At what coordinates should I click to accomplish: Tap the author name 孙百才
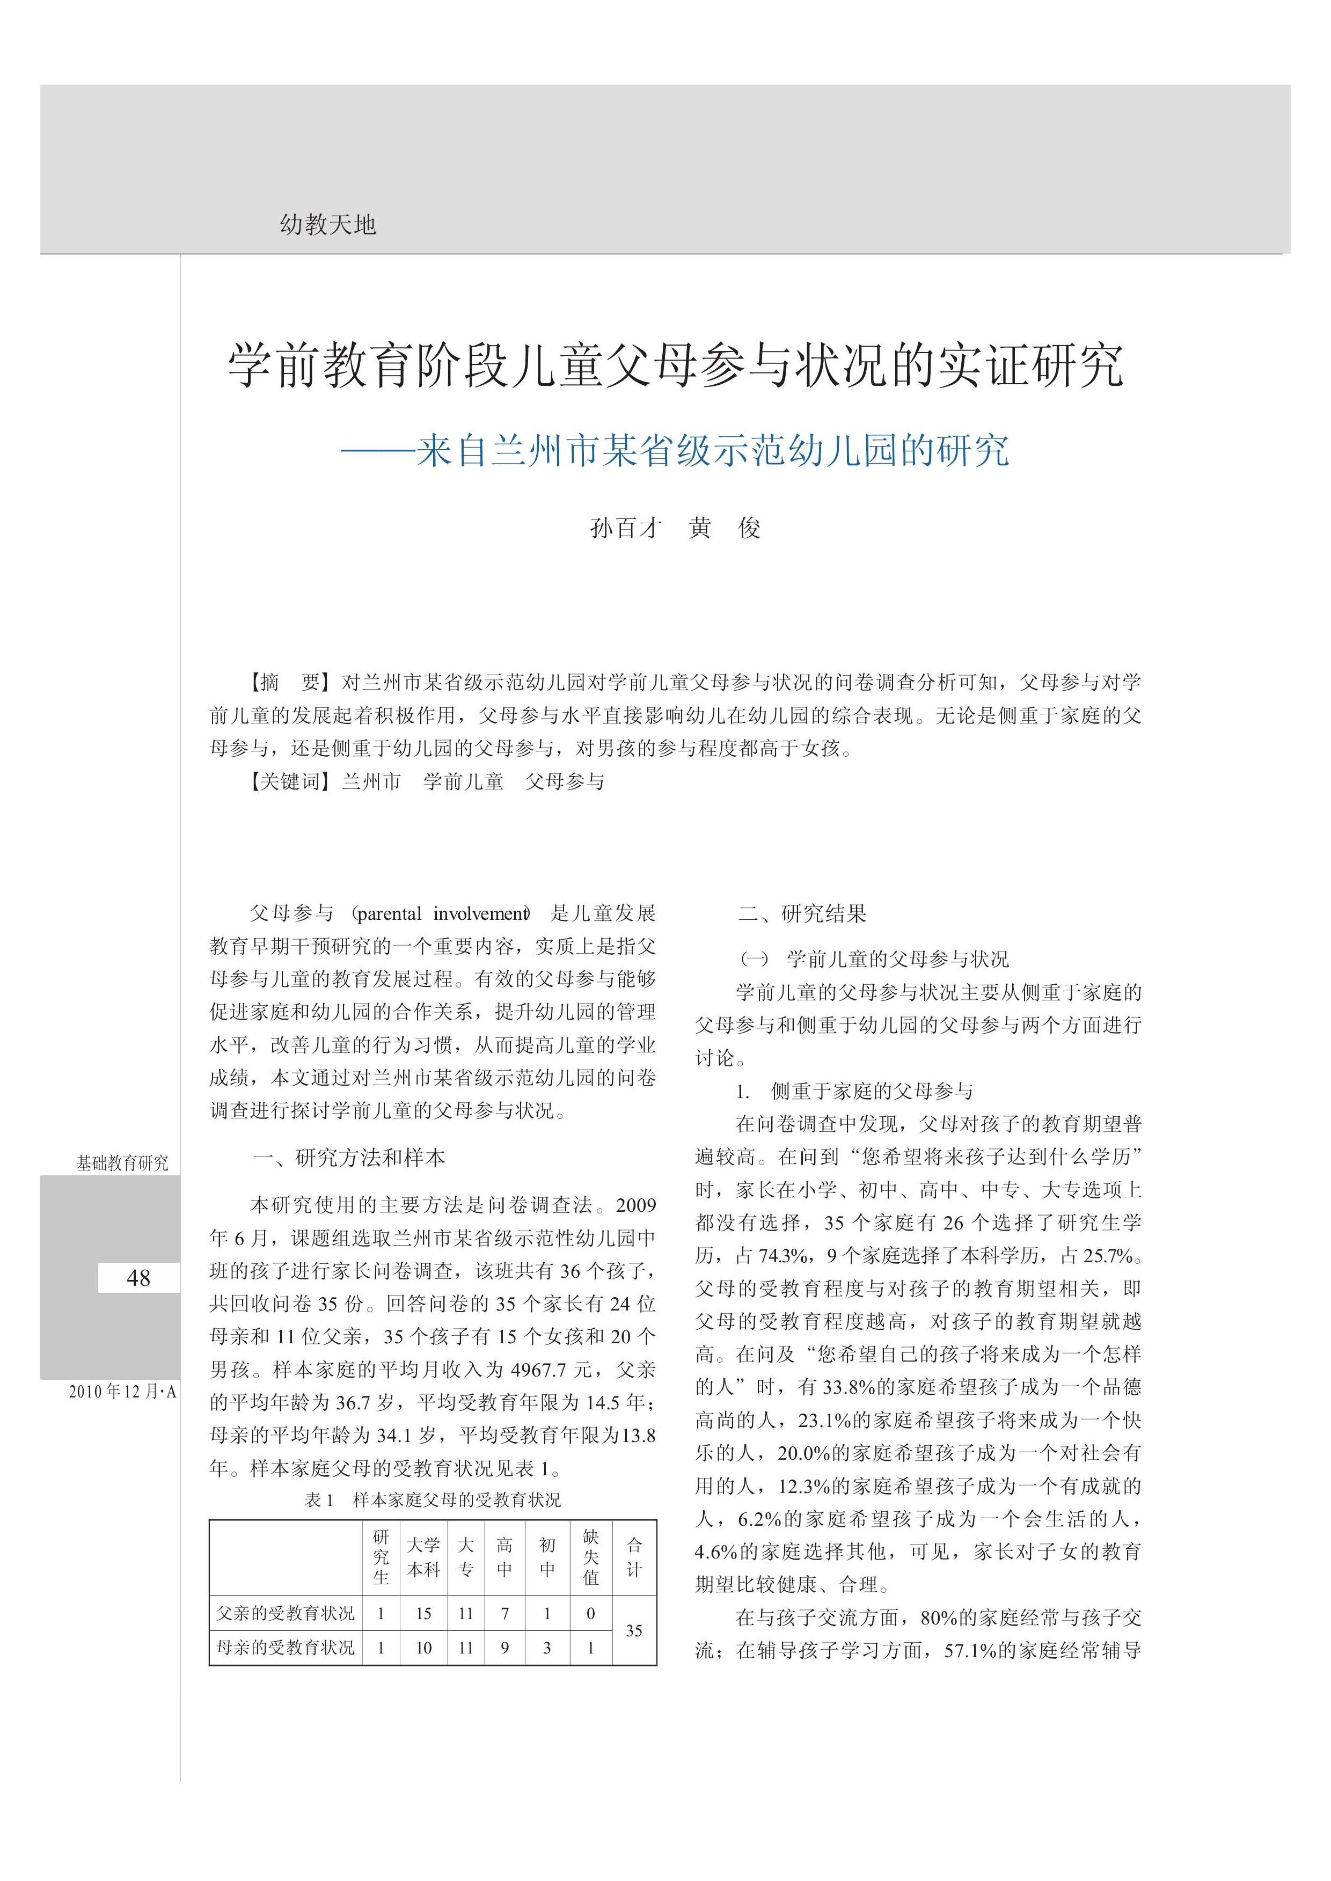click(x=625, y=528)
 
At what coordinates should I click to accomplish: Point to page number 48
click(x=138, y=1278)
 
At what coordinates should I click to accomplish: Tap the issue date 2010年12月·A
click(x=122, y=1392)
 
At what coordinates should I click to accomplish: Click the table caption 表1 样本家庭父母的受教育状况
click(x=433, y=1501)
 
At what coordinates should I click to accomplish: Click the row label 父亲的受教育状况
click(x=285, y=1613)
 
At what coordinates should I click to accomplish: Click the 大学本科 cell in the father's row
click(x=424, y=1613)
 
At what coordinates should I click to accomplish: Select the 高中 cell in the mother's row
click(x=505, y=1648)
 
